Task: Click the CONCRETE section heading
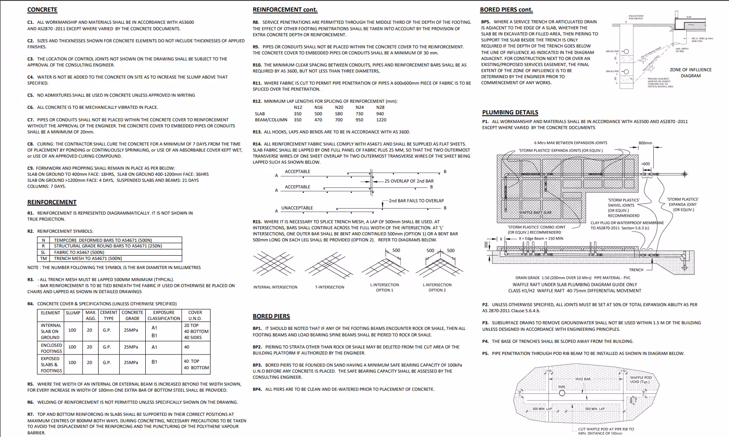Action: tap(42, 9)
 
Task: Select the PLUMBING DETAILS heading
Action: tap(510, 112)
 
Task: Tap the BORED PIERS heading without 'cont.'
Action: tap(271, 316)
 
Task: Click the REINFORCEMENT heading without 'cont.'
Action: tap(51, 202)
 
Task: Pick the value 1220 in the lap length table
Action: tap(381, 120)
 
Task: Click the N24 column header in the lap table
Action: tap(360, 108)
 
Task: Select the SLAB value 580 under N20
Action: tap(339, 114)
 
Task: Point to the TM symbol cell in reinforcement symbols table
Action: tap(43, 259)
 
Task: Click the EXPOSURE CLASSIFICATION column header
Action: tap(163, 315)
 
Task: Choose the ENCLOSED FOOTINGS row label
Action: tap(51, 348)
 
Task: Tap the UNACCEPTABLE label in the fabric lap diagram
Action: tap(297, 208)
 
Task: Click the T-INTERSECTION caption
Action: tap(329, 287)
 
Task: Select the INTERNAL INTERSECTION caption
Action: tap(275, 287)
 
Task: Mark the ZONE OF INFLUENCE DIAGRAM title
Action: tap(691, 73)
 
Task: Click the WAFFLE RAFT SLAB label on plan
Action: tap(535, 212)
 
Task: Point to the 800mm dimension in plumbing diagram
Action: tap(645, 143)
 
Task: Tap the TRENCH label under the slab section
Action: tap(636, 270)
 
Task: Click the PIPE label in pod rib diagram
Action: tap(562, 387)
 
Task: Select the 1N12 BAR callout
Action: tap(582, 379)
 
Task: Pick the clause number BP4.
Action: tap(257, 389)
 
